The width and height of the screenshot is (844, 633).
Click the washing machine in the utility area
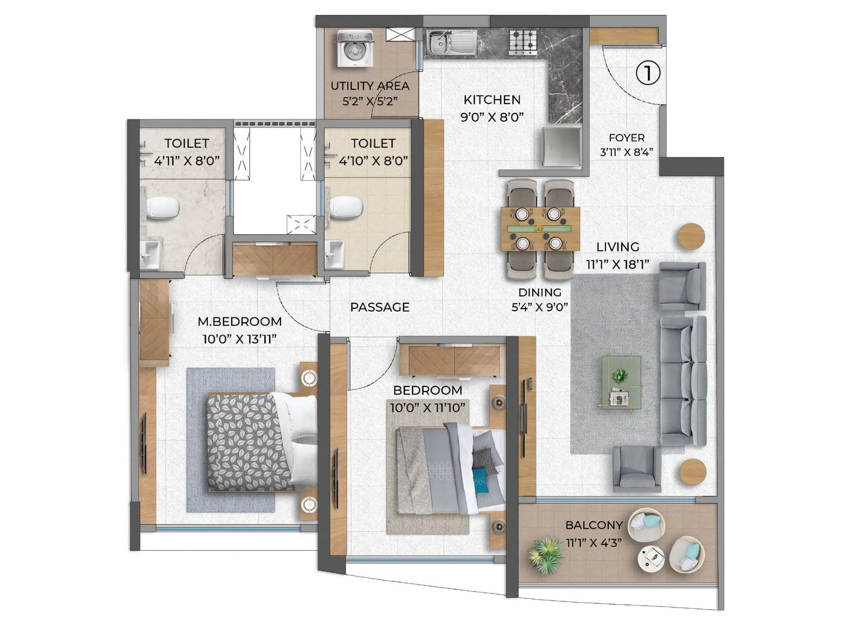pyautogui.click(x=355, y=49)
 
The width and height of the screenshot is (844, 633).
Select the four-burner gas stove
pyautogui.click(x=523, y=42)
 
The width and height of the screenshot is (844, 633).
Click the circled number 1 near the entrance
pyautogui.click(x=647, y=73)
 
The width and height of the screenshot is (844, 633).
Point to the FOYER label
pyautogui.click(x=626, y=138)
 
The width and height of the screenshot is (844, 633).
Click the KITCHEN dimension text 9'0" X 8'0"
pyautogui.click(x=492, y=117)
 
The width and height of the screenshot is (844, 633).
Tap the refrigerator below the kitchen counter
pyautogui.click(x=562, y=146)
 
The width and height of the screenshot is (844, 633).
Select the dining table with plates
pyautogui.click(x=540, y=229)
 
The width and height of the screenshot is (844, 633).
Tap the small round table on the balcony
pyautogui.click(x=651, y=558)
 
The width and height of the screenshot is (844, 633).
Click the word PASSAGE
pyautogui.click(x=380, y=307)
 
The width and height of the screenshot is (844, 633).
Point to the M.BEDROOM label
pyautogui.click(x=239, y=321)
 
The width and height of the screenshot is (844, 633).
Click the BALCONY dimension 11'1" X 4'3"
pyautogui.click(x=593, y=542)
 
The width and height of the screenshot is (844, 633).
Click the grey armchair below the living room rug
pyautogui.click(x=636, y=468)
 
